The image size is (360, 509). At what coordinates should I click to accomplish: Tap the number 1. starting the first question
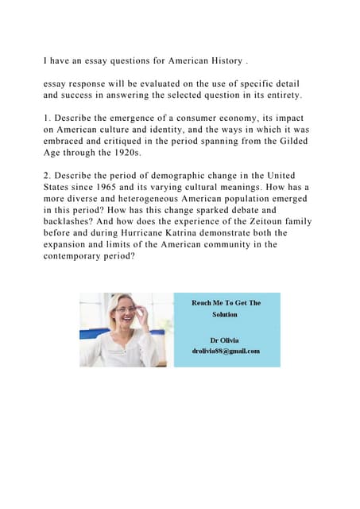pos(48,117)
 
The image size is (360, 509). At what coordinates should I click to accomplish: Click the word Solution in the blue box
pos(225,314)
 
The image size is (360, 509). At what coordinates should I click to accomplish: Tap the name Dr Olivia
pos(225,340)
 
